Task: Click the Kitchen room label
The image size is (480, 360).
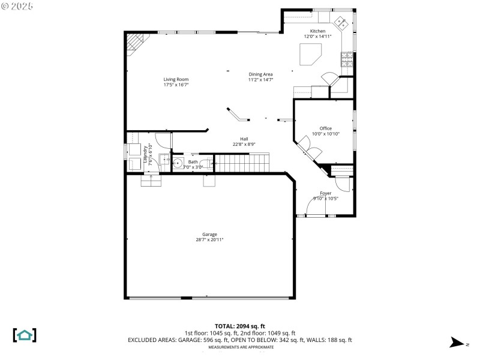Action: click(317, 31)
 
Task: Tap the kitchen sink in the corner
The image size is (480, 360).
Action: click(342, 23)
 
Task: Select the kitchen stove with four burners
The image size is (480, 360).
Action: click(347, 59)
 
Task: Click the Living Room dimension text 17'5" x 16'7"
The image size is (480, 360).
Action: click(176, 85)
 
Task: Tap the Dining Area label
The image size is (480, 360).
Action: click(261, 74)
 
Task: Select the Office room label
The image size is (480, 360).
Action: click(325, 128)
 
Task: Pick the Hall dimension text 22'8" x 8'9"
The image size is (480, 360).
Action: click(244, 145)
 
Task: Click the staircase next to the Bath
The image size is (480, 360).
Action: click(241, 162)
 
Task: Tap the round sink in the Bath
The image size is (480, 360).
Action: click(178, 163)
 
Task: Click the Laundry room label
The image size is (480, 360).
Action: click(145, 154)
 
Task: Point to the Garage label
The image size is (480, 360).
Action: click(209, 235)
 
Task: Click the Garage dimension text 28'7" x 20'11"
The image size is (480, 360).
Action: click(209, 240)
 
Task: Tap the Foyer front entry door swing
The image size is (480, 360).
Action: click(316, 206)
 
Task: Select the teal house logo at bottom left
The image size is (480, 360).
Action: click(25, 335)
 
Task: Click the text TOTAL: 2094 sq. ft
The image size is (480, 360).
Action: click(240, 326)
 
